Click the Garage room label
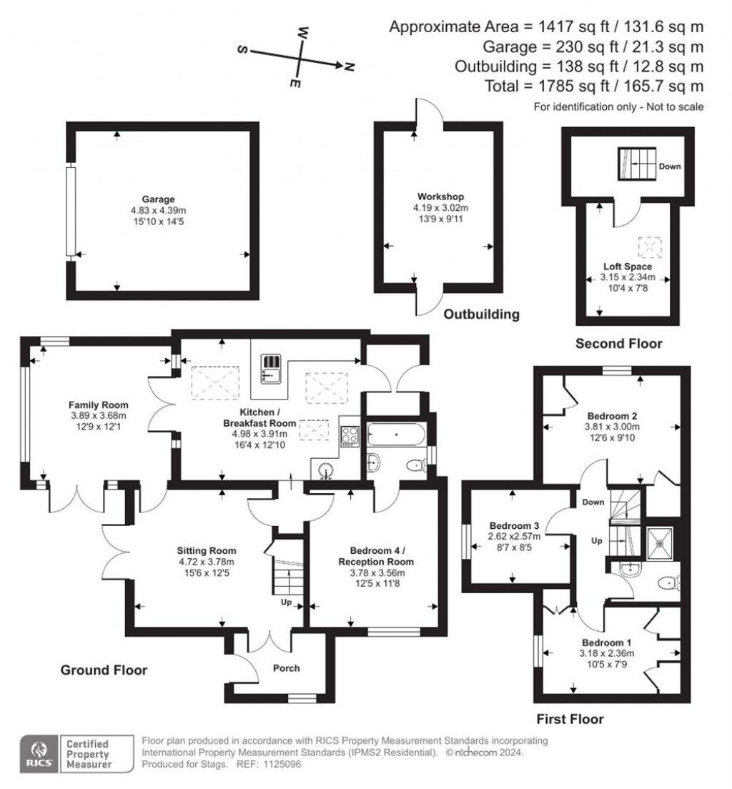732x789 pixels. coord(157,199)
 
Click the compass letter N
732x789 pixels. coord(349,67)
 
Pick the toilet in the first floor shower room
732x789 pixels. coord(666,583)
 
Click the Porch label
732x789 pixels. coord(287,668)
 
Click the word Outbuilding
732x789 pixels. coord(481,314)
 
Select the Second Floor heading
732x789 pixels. coord(619,344)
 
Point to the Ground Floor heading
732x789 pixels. coord(104,670)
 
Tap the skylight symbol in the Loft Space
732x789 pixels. coord(651,247)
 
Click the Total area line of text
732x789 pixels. coord(613,86)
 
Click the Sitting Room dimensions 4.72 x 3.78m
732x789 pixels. coord(207,561)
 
